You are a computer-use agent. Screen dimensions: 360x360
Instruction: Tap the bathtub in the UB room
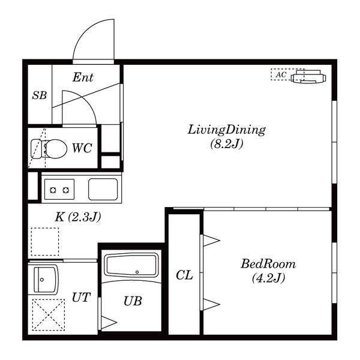131,265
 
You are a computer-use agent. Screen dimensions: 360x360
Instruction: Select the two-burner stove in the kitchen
59,190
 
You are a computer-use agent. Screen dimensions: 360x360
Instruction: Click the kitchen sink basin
103,189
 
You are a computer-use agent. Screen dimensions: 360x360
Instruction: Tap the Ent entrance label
83,77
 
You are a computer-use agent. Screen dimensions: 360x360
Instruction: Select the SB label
40,95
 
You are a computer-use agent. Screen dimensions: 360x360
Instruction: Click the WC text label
82,148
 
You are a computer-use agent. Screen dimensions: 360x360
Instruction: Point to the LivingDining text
227,130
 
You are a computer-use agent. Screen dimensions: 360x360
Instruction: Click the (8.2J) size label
227,144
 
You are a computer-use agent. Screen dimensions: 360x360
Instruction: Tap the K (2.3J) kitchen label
78,217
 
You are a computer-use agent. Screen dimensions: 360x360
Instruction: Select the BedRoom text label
268,264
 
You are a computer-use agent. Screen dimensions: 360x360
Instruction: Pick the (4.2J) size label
268,278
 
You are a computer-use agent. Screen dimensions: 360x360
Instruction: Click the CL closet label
184,275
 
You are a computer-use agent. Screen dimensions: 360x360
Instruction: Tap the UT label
81,298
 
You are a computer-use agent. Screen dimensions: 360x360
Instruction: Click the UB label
133,301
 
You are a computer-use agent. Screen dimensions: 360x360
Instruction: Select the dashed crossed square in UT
49,315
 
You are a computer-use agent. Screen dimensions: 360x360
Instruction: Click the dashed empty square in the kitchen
45,242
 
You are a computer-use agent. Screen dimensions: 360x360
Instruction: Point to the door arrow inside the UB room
109,322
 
